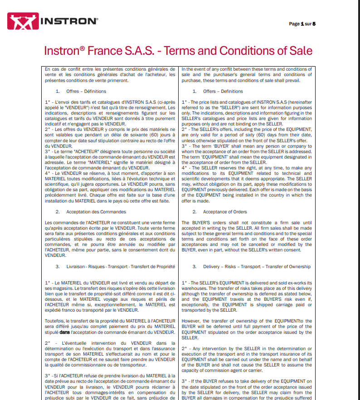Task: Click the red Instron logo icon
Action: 22,21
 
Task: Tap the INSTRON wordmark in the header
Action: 68,21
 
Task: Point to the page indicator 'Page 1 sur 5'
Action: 302,24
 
